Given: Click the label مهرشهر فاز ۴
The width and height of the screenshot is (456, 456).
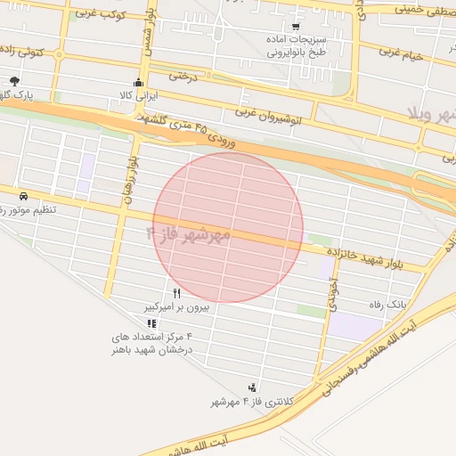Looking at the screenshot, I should pyautogui.click(x=187, y=234).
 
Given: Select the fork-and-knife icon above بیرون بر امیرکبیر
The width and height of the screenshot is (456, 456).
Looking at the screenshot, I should pyautogui.click(x=176, y=292).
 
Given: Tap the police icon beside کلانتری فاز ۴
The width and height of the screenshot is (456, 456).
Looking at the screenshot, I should pyautogui.click(x=253, y=387).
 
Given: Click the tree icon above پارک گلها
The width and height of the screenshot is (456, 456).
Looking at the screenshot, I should pyautogui.click(x=15, y=81).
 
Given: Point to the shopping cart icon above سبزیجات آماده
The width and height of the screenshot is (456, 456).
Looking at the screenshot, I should pyautogui.click(x=296, y=28).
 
